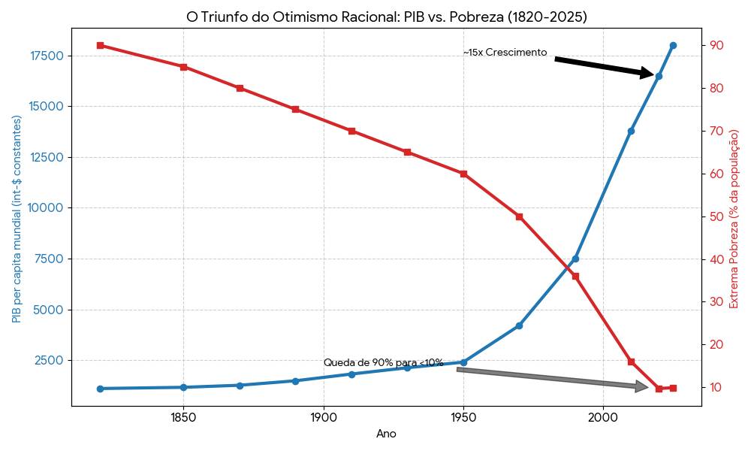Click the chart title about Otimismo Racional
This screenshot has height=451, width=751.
pos(387,17)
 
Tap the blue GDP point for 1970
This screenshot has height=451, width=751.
pos(519,325)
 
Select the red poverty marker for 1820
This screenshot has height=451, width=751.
pos(100,45)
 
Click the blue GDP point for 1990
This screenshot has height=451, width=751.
pos(575,259)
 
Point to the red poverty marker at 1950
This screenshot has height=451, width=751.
pos(463,174)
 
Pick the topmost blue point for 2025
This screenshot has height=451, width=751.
pos(673,45)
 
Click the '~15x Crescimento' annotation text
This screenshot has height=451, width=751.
pos(505,53)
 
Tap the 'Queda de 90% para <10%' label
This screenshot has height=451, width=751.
pos(383,363)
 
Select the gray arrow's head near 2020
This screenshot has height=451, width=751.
pos(642,386)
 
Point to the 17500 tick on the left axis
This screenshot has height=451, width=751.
pos(47,56)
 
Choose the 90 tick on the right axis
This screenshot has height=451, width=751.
pos(716,45)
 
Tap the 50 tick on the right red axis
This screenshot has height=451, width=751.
pos(716,216)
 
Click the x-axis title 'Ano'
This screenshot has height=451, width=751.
pos(386,434)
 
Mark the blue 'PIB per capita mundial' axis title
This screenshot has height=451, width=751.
pos(17,219)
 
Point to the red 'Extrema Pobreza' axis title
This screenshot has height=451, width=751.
pos(734,219)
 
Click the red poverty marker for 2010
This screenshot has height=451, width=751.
pos(631,362)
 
